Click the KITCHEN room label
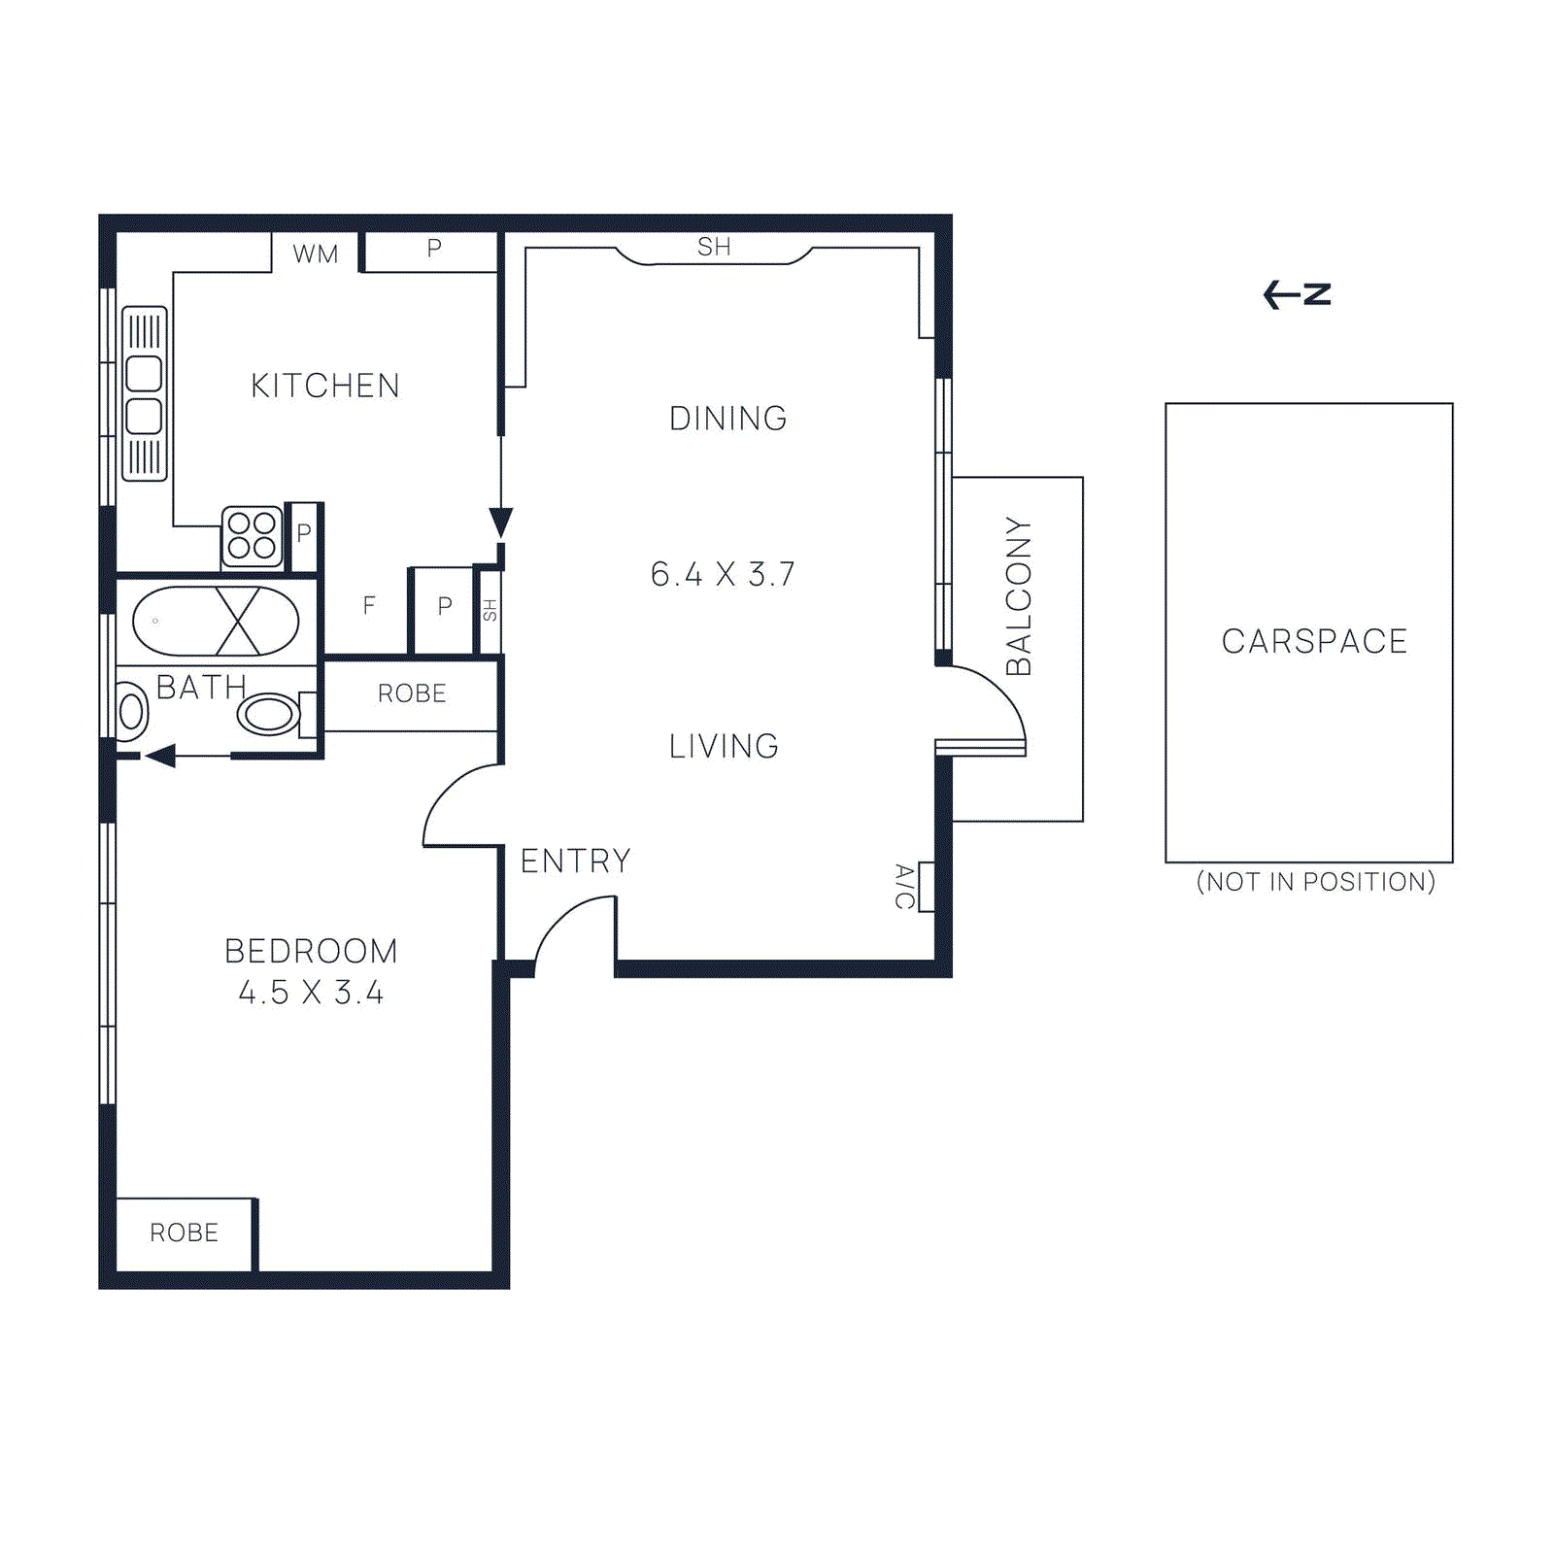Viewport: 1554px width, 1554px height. (324, 386)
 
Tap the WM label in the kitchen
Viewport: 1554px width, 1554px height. (316, 254)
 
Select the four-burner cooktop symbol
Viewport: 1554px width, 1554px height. (252, 536)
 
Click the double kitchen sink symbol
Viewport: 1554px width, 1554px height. (144, 394)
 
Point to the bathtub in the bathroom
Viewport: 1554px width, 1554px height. (216, 621)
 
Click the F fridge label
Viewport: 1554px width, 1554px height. (369, 606)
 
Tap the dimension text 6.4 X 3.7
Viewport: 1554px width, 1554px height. (723, 574)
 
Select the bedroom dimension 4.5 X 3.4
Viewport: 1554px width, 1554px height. (311, 993)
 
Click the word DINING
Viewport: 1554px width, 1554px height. (727, 419)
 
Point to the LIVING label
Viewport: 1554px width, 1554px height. (724, 746)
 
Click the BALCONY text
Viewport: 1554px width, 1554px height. (1018, 595)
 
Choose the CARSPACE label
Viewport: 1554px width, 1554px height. (1314, 641)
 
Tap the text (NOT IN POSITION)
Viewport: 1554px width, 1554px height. (1315, 882)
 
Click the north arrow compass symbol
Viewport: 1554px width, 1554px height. (1297, 293)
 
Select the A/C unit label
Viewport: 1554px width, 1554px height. (904, 886)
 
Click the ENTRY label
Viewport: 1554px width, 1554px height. (575, 861)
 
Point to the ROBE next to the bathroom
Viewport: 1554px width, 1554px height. (412, 693)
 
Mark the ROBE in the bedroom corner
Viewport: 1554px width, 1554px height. (184, 1233)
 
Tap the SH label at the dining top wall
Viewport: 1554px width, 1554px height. (714, 248)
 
